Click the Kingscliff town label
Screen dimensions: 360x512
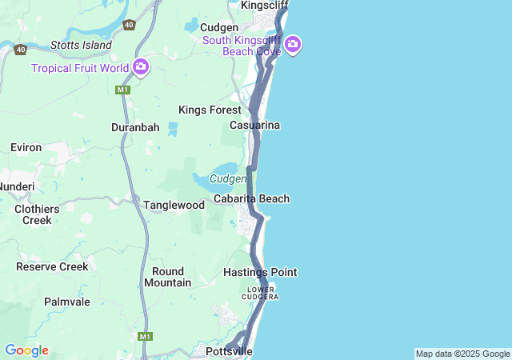pyautogui.click(x=262, y=5)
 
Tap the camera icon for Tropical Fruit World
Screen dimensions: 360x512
pyautogui.click(x=141, y=67)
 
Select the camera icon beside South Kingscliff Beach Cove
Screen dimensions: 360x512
pyautogui.click(x=293, y=44)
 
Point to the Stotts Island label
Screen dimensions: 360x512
pyautogui.click(x=81, y=45)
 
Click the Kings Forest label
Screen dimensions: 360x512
pyautogui.click(x=210, y=110)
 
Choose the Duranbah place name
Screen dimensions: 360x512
pyautogui.click(x=135, y=127)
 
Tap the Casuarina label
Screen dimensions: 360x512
pyautogui.click(x=254, y=126)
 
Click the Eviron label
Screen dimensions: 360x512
pyautogui.click(x=26, y=147)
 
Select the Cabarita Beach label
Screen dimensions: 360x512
pyautogui.click(x=251, y=198)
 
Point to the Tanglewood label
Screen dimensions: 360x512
pyautogui.click(x=174, y=205)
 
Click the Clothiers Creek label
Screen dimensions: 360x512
pyautogui.click(x=37, y=214)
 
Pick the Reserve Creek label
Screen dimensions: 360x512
pyautogui.click(x=52, y=266)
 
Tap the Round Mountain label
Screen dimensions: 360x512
pyautogui.click(x=168, y=277)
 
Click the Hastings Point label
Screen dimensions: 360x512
pyautogui.click(x=260, y=272)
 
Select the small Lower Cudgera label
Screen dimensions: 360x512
pyautogui.click(x=262, y=292)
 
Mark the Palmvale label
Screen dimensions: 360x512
pyautogui.click(x=67, y=302)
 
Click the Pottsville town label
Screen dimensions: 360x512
pyautogui.click(x=229, y=351)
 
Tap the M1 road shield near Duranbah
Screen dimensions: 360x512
pyautogui.click(x=122, y=90)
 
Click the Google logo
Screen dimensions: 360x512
pyautogui.click(x=26, y=350)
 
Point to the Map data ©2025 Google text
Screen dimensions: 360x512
pyautogui.click(x=462, y=354)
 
